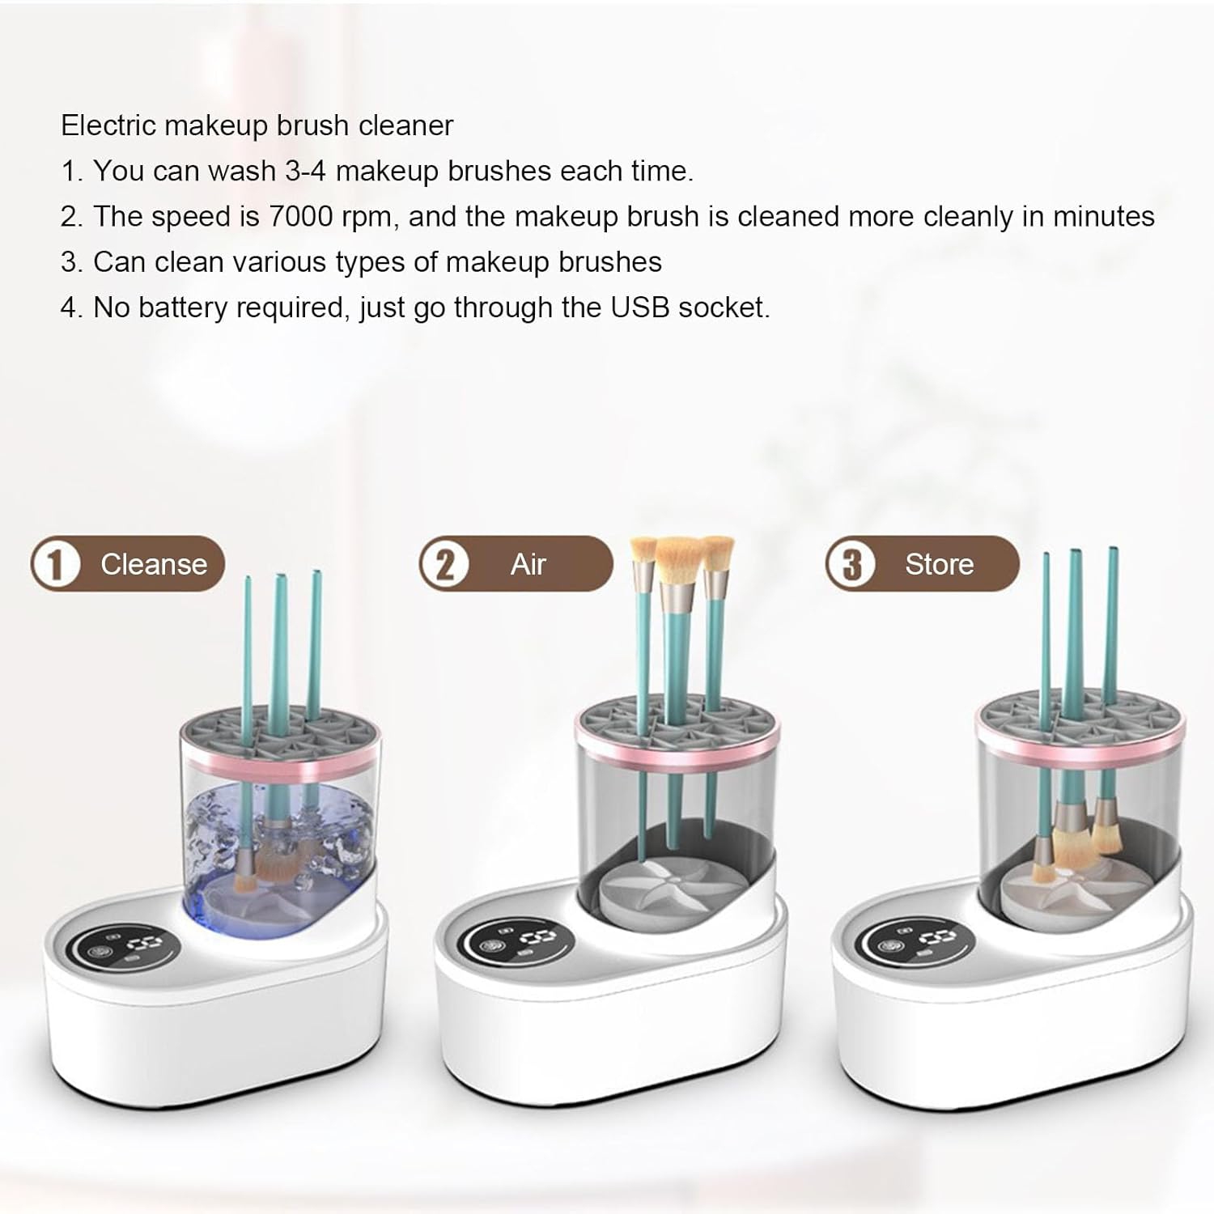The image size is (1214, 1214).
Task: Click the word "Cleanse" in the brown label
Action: [153, 564]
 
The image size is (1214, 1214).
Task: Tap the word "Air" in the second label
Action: [528, 564]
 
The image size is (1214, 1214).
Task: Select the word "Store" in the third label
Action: [939, 564]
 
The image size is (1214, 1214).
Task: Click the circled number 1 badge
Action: [56, 564]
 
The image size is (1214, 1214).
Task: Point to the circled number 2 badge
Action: [444, 564]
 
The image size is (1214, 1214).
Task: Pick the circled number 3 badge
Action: [851, 564]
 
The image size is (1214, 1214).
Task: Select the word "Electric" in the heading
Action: [108, 126]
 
